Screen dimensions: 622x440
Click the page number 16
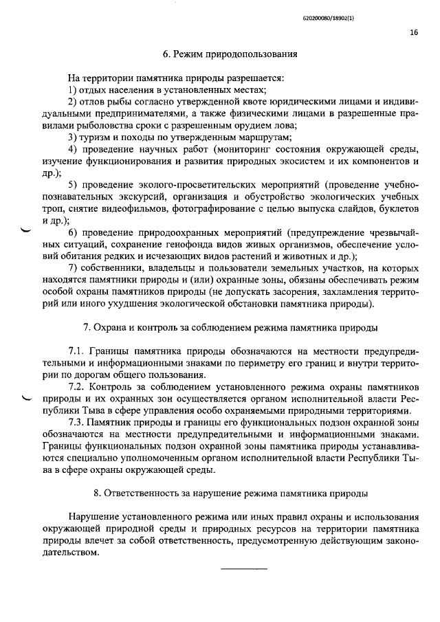[414, 32]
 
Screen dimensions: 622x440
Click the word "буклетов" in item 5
[397, 210]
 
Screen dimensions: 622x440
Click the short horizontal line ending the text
[243, 570]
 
